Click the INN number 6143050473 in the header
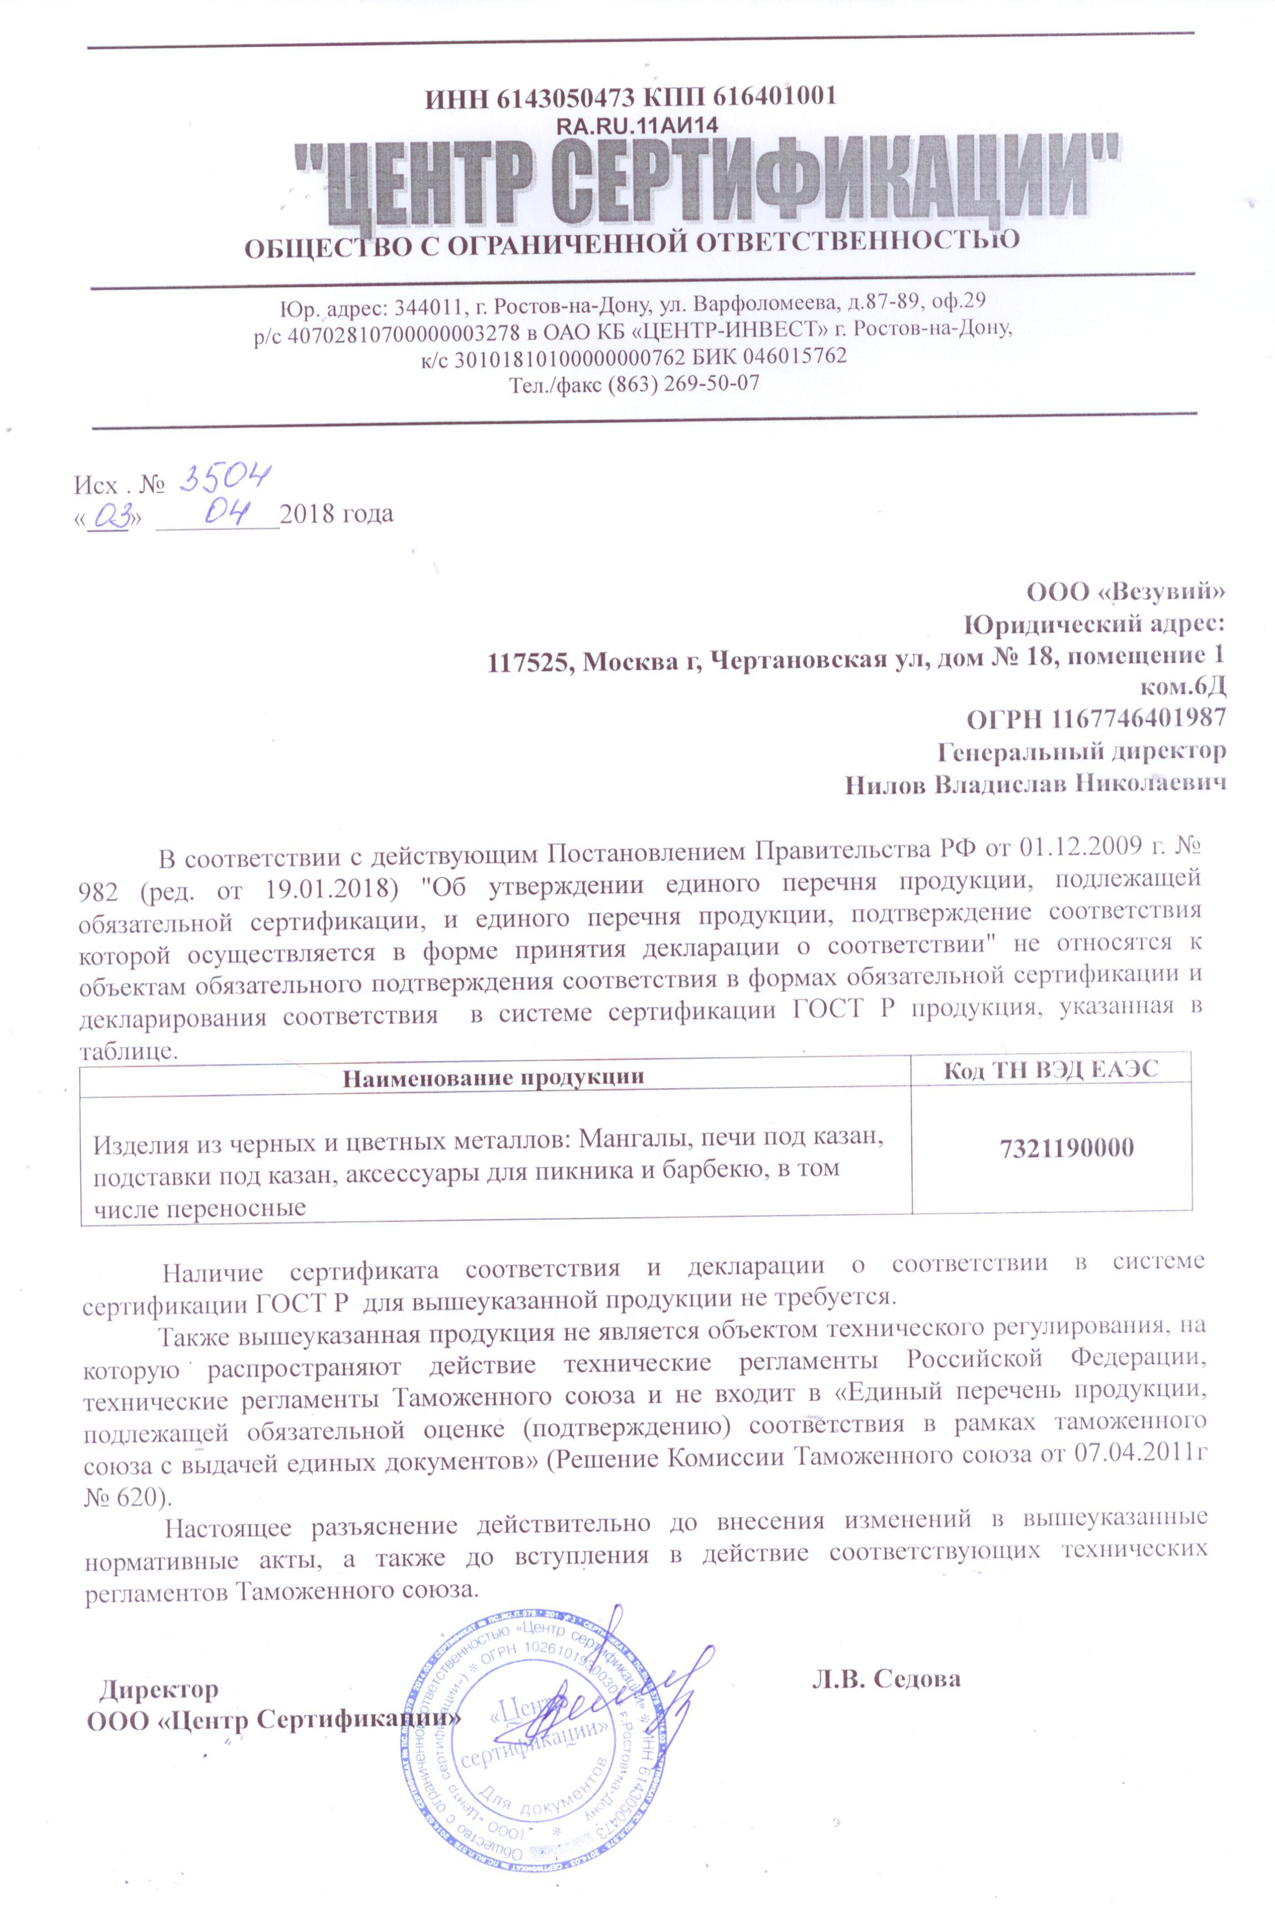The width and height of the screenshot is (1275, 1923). tap(564, 97)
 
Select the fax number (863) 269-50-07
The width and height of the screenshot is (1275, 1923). tap(683, 383)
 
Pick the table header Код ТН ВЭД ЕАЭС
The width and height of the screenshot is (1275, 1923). tap(1050, 1070)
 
